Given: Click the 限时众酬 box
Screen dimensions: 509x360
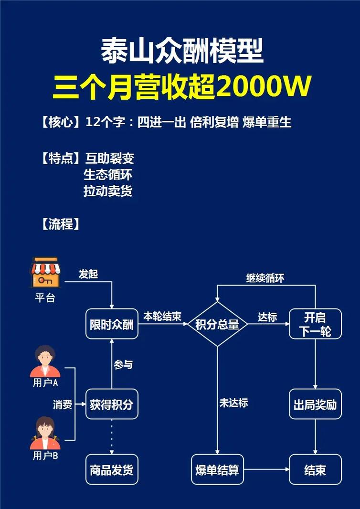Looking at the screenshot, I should click(112, 324).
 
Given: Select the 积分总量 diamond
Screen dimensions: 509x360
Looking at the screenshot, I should click(217, 324).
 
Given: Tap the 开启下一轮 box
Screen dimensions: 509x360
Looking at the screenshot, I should click(315, 324).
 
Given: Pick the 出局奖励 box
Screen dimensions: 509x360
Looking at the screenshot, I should click(315, 404).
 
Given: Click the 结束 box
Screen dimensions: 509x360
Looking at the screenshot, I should click(315, 469).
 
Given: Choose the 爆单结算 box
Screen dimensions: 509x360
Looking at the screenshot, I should click(217, 469).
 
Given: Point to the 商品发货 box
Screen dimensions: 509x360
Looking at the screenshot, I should click(112, 469).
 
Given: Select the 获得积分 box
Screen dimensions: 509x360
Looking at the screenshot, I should click(112, 404).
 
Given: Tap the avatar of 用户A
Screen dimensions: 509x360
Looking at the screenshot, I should click(45, 361).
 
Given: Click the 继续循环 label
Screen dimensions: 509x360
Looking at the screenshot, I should click(265, 278).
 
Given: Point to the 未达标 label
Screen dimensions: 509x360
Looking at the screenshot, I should click(233, 403).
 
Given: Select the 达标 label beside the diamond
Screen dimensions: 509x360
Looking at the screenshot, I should click(267, 317).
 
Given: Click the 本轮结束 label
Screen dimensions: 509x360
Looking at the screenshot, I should click(162, 316).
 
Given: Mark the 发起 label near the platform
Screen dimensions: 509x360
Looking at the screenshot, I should click(88, 274).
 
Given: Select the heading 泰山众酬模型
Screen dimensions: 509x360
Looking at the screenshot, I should click(182, 52).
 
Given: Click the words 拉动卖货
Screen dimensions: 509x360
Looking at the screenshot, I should click(108, 191).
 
